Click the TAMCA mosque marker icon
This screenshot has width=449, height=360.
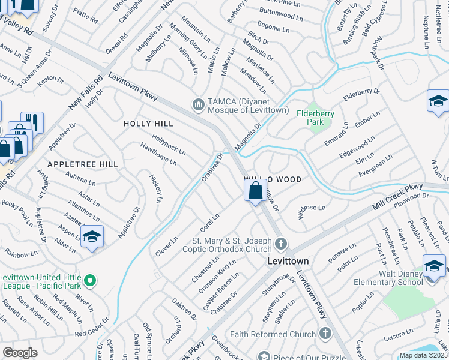tap(199, 105)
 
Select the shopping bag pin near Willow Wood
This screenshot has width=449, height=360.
tap(255, 192)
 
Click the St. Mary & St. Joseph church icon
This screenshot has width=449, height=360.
tap(282, 244)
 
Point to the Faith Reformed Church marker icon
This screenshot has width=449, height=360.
tap(325, 334)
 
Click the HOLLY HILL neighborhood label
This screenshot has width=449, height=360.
tap(148, 124)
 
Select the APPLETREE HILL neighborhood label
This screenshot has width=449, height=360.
tap(82, 164)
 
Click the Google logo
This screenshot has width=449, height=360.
tap(20, 353)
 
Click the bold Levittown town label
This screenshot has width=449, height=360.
tap(288, 262)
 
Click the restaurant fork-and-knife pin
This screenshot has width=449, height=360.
tap(32, 123)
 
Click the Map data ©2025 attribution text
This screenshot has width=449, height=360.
tap(424, 355)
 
